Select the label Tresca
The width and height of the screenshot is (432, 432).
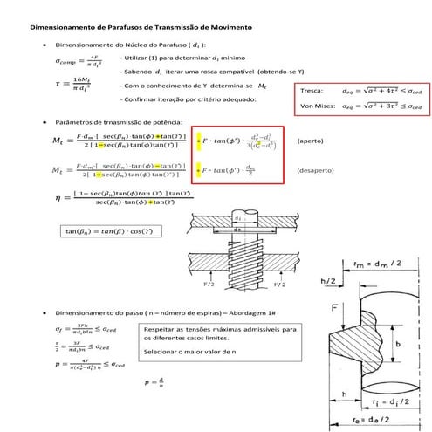[x=311, y=90]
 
